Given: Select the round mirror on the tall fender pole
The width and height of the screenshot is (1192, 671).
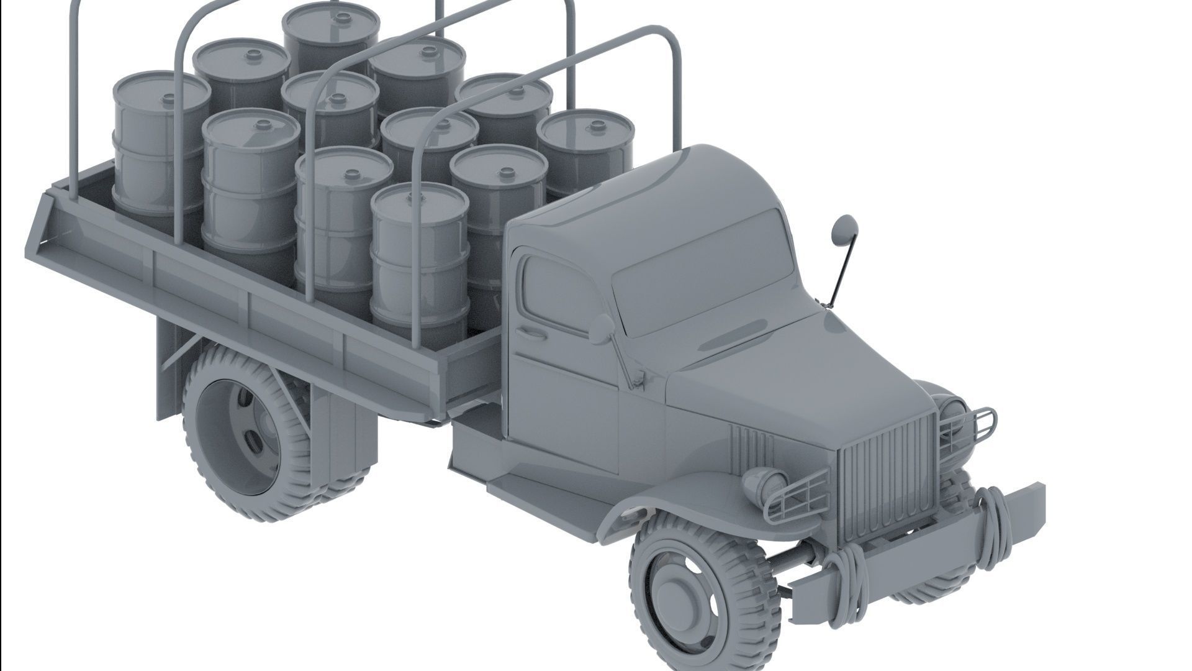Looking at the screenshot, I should click(x=844, y=228).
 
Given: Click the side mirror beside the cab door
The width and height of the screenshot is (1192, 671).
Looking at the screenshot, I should click(x=600, y=329).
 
